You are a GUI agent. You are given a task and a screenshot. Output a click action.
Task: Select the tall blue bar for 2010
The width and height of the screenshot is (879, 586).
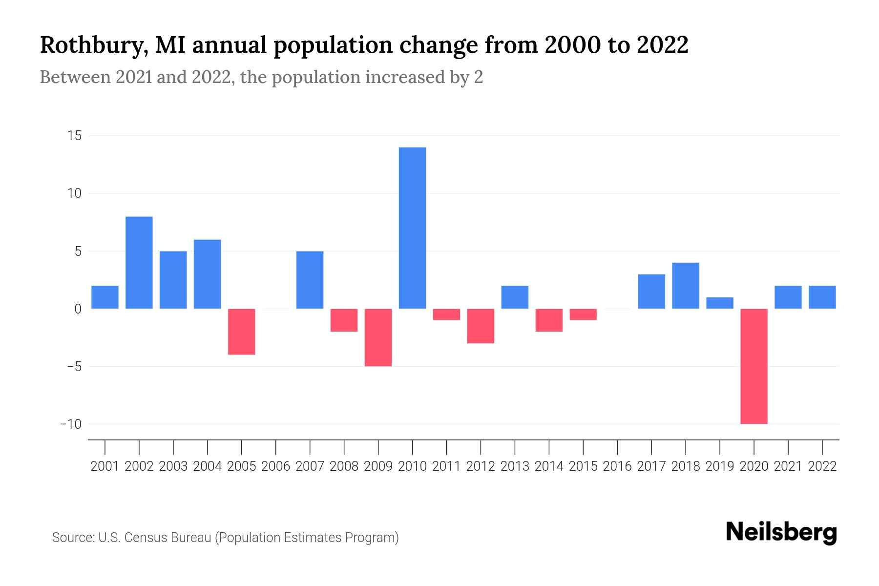click(412, 228)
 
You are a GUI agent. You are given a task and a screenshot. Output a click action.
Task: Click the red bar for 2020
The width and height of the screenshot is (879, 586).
click(754, 366)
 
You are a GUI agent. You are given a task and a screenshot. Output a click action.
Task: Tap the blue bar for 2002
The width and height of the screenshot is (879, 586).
click(139, 263)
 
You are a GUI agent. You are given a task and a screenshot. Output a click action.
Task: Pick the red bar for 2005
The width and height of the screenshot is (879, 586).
click(242, 332)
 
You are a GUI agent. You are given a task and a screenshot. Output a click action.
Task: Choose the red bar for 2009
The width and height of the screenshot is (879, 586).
click(378, 337)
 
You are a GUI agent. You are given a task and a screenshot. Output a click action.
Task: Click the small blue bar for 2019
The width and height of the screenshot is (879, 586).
click(720, 303)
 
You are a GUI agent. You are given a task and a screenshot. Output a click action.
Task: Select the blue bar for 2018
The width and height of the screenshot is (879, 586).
click(686, 286)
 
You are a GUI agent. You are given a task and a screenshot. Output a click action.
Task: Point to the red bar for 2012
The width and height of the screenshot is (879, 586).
click(481, 326)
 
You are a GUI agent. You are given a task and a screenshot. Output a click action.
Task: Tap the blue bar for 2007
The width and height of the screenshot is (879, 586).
click(310, 280)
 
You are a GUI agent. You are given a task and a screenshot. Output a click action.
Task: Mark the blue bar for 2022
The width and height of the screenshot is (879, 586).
click(822, 297)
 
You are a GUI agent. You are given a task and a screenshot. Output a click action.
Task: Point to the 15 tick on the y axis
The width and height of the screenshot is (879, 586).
click(74, 136)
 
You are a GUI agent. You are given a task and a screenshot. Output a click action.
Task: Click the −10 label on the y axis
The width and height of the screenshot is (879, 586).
click(71, 424)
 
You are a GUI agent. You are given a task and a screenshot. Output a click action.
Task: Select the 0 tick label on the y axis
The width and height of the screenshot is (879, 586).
click(78, 309)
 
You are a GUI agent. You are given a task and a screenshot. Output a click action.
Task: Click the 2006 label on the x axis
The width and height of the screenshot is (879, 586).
click(276, 466)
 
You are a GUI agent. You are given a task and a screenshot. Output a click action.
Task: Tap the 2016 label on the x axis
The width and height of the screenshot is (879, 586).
click(617, 466)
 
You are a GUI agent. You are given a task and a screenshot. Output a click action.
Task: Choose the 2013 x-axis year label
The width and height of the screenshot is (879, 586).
click(515, 466)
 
